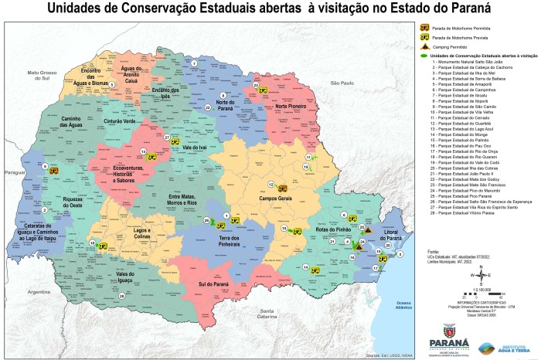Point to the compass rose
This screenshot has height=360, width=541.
click(x=481, y=273)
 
